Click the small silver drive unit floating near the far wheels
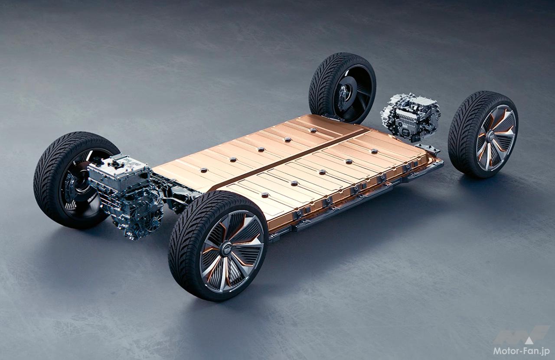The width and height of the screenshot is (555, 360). point(410,117)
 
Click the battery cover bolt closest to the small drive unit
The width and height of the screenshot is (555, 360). point(374,151)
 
